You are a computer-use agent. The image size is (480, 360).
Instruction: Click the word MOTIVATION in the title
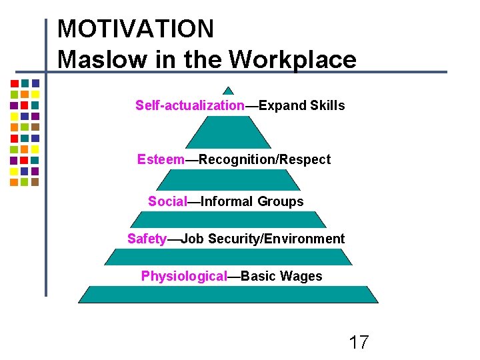coord(135,29)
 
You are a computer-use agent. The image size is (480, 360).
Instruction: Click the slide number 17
coord(359,343)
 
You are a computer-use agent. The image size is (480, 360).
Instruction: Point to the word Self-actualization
coord(190,105)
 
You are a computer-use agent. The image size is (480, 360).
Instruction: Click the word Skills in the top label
coord(327,105)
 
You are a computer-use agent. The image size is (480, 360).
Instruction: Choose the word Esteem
coord(161,159)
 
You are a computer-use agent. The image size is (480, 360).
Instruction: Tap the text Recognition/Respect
coord(265,159)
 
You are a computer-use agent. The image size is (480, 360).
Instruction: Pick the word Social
coord(167,201)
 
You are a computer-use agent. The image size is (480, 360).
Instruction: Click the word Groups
coord(280,201)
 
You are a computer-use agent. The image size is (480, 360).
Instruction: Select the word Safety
coord(147,239)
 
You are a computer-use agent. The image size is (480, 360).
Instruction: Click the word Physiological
coord(184,276)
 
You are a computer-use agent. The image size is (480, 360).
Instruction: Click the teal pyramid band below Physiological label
coord(228,294)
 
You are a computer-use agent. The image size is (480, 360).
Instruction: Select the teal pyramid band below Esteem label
coord(228,179)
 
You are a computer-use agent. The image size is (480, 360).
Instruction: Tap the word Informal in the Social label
coord(227,201)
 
